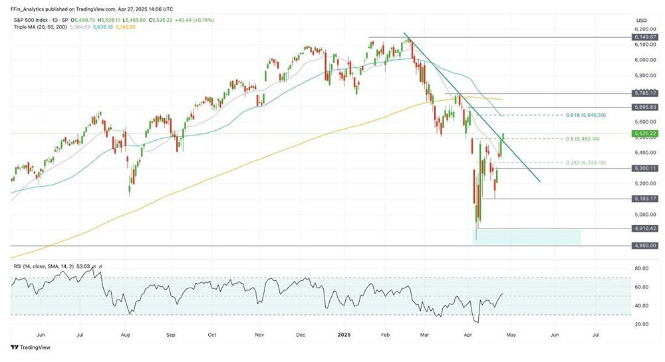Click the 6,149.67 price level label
tap(644, 37)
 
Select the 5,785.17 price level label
tap(644, 94)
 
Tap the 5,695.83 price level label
tap(644, 107)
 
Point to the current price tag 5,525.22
tap(644, 134)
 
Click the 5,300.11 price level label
tap(644, 169)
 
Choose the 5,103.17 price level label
tap(644, 199)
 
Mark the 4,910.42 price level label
tap(644, 228)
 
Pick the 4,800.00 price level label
tap(644, 246)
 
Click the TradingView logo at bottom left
tap(31, 347)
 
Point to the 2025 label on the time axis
tap(344, 336)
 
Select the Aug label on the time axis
tap(125, 336)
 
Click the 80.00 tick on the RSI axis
tap(641, 268)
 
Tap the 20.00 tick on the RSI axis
tap(641, 324)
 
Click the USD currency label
tap(641, 21)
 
